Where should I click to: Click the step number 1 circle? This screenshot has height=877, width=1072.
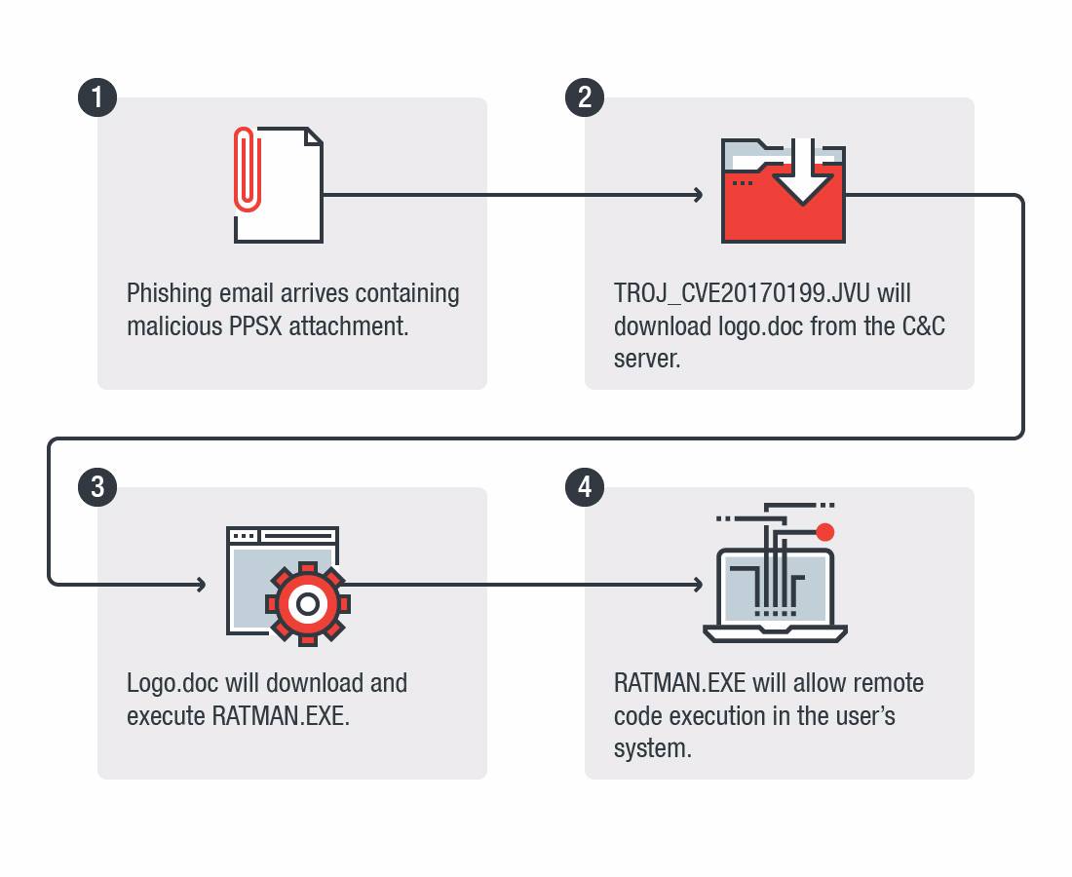coord(97,97)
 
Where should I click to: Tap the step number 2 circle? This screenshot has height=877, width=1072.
coord(585,97)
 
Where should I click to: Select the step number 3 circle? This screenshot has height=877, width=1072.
coord(97,487)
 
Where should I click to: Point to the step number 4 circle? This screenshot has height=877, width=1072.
coord(585,487)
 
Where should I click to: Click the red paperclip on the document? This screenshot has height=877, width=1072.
coord(248,169)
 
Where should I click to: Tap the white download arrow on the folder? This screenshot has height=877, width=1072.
coord(802,175)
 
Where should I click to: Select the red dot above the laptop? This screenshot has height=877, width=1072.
coord(825,532)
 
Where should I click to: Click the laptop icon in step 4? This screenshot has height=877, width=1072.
coord(775,594)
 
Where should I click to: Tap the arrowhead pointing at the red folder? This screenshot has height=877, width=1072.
coord(698,195)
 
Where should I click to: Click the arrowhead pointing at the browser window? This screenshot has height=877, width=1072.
coord(201,585)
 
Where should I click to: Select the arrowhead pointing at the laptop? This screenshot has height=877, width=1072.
coord(698,585)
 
